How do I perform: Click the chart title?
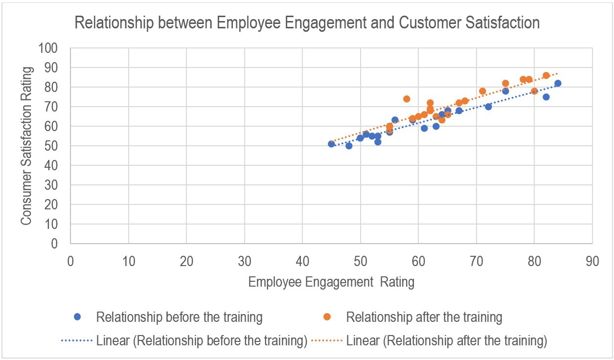pyautogui.click(x=307, y=23)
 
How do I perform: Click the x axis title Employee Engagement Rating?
pyautogui.click(x=331, y=282)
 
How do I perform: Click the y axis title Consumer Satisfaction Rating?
pyautogui.click(x=27, y=146)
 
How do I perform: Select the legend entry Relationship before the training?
pyautogui.click(x=179, y=317)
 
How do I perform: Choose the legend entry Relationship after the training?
pyautogui.click(x=424, y=317)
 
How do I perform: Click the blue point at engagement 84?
pyautogui.click(x=558, y=83)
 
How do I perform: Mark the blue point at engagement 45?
pyautogui.click(x=331, y=144)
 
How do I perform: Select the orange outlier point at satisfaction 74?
pyautogui.click(x=407, y=99)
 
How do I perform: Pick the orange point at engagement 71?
pyautogui.click(x=482, y=91)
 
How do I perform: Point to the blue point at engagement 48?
pyautogui.click(x=349, y=146)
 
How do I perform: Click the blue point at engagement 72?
pyautogui.click(x=488, y=107)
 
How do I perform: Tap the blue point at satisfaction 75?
pyautogui.click(x=546, y=97)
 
